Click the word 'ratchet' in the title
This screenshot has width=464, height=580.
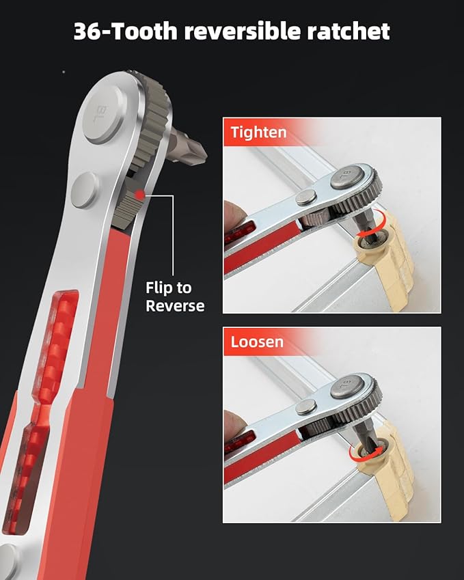coord(349,31)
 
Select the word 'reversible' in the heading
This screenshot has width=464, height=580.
coord(243,31)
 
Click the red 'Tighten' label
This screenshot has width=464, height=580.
coord(258,133)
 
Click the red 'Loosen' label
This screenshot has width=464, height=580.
coord(257,342)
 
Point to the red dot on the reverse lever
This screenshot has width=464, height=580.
coord(139,194)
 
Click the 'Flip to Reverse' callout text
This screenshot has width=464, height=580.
coord(175,296)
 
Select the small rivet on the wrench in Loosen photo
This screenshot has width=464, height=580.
coord(306,407)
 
